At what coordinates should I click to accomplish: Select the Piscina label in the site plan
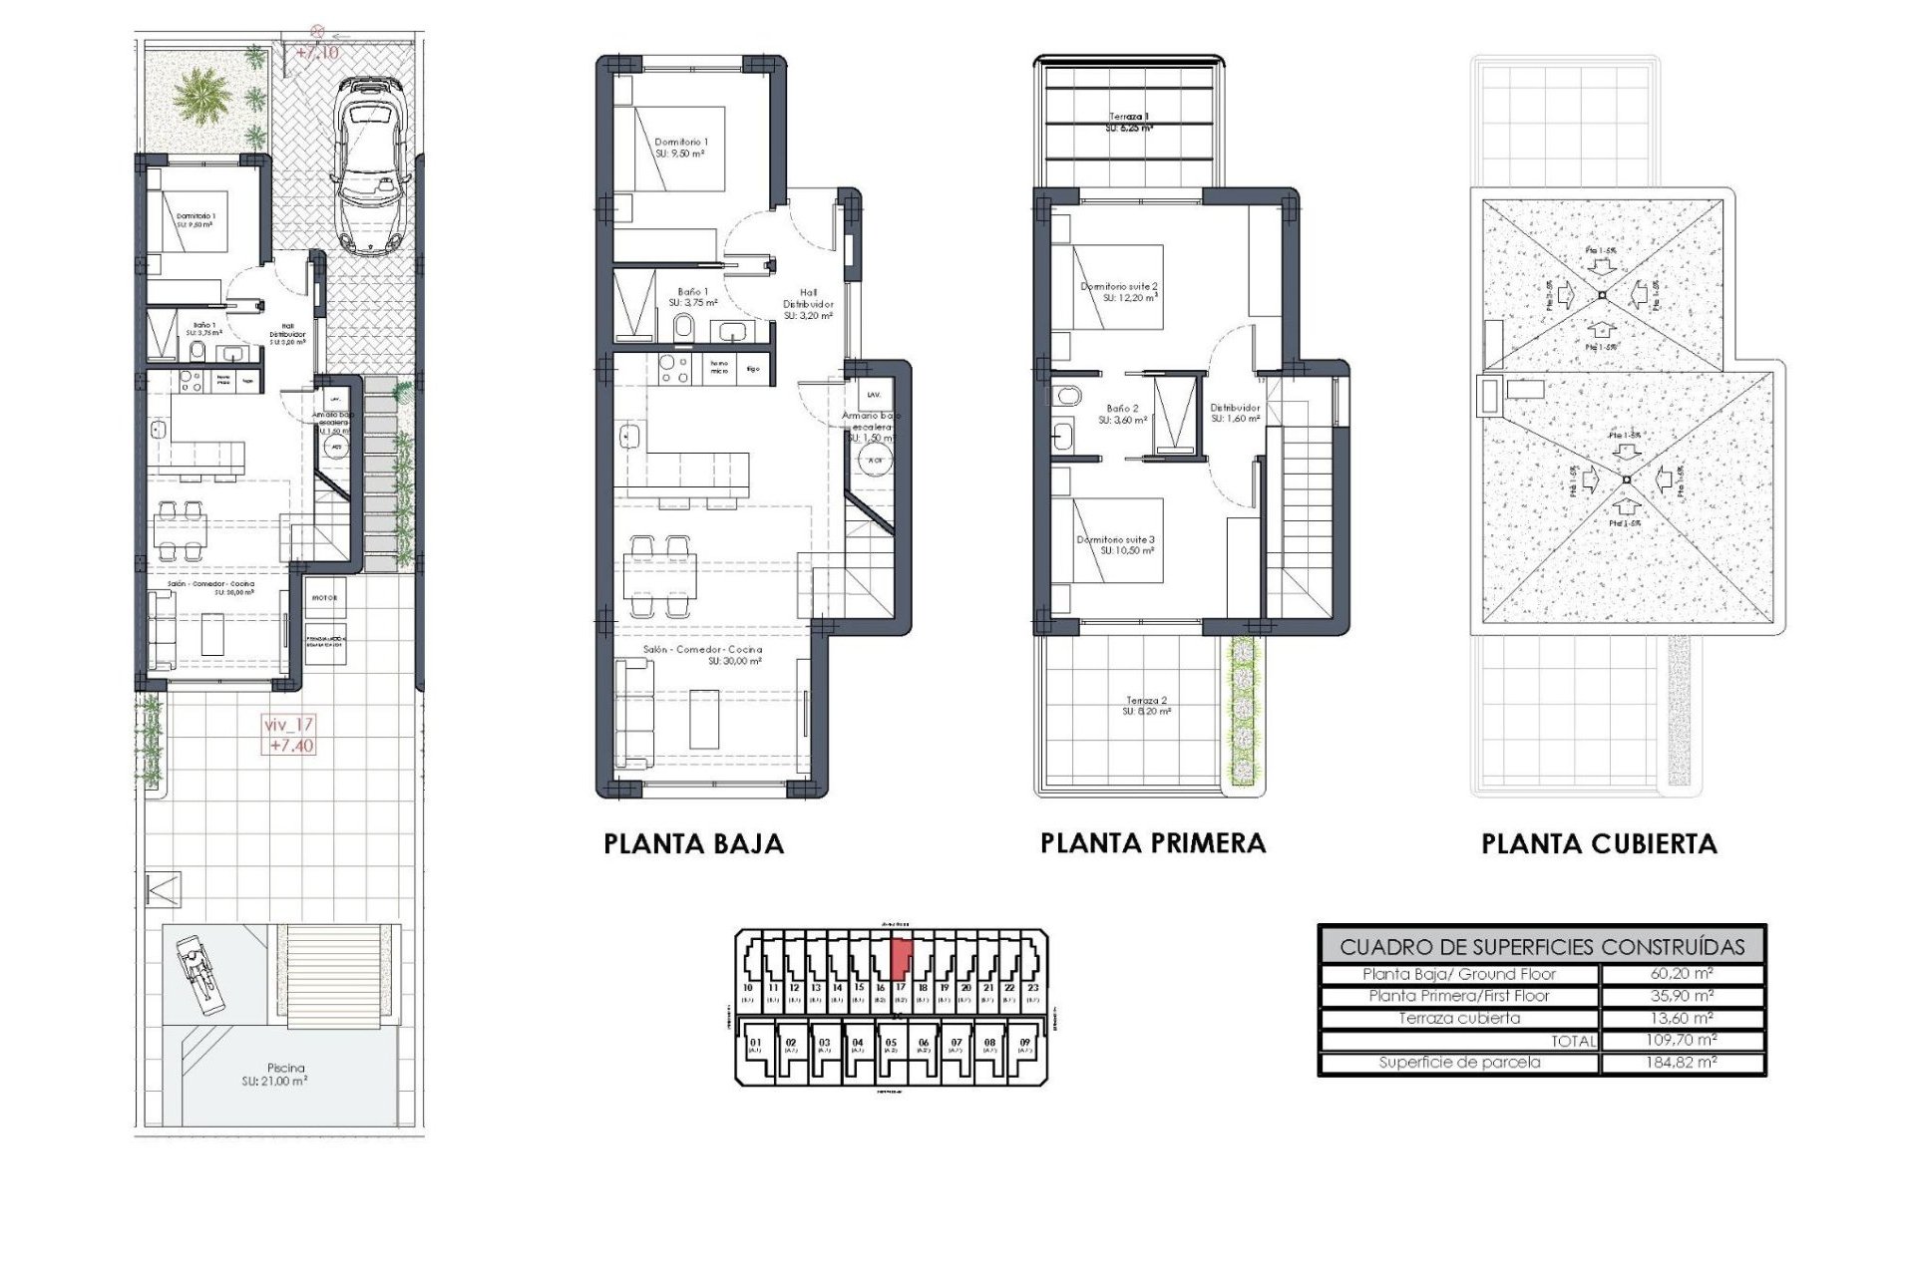click(285, 1068)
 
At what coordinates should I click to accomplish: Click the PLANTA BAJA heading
click(693, 844)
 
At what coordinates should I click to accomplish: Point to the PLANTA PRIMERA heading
click(1153, 843)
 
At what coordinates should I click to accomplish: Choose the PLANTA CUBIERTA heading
click(1599, 844)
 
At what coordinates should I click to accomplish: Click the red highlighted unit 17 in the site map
click(900, 958)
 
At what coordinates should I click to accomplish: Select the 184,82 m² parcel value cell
click(1682, 1063)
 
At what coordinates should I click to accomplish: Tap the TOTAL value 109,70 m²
click(1682, 1040)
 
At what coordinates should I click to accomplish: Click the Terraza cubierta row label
click(1458, 1018)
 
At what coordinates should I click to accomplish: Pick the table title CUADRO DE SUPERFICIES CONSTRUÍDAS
click(1542, 947)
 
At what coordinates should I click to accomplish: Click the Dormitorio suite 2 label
click(1119, 287)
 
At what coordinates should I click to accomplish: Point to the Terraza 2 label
click(1146, 701)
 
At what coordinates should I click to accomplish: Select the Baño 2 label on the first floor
click(1122, 409)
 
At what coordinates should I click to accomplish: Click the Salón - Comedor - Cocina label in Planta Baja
click(702, 649)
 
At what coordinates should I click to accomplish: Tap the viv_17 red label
click(289, 725)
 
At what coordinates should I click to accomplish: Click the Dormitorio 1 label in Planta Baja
click(681, 143)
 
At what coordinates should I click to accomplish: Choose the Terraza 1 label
click(1129, 117)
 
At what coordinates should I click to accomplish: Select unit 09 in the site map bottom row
click(1024, 1044)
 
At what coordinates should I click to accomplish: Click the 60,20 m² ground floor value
click(1682, 974)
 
